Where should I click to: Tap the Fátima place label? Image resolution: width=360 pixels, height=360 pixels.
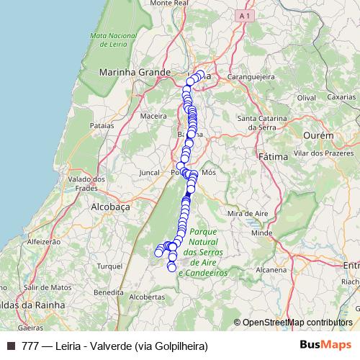click(x=272, y=156)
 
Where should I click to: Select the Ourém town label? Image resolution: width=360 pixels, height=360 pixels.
click(x=318, y=135)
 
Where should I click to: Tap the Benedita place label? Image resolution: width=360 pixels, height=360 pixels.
click(x=109, y=292)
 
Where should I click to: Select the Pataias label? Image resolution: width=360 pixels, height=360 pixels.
click(x=102, y=125)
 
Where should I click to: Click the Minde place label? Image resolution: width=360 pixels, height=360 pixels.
click(x=261, y=233)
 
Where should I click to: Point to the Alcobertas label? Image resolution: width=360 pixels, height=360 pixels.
click(x=149, y=297)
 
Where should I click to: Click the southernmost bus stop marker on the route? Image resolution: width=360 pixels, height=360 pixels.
click(x=171, y=268)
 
